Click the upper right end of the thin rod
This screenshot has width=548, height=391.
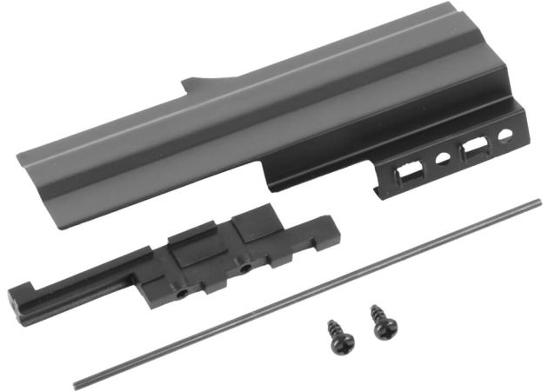538,203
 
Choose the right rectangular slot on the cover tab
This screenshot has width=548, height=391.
476,149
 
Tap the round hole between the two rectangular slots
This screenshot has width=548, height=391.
443,160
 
